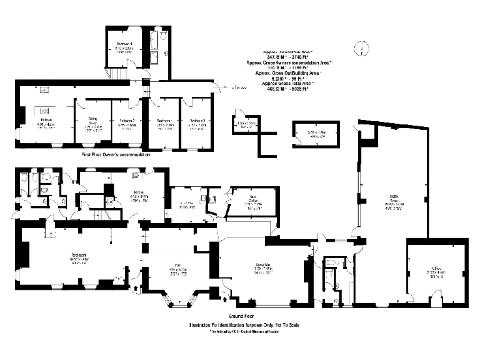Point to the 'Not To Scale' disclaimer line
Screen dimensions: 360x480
coord(240,325)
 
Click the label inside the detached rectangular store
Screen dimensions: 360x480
coord(319,134)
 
